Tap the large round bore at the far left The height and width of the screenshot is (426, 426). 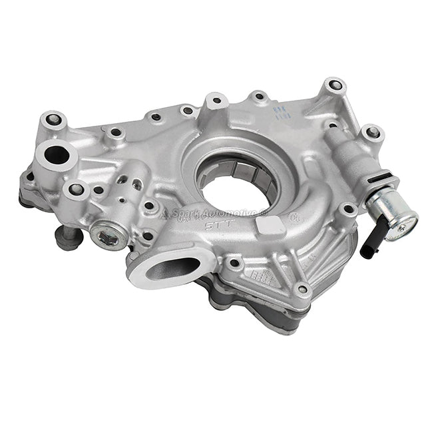[x=57, y=155]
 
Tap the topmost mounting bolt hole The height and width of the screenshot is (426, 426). [x=333, y=86]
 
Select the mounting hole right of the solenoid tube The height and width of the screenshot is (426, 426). [x=373, y=133]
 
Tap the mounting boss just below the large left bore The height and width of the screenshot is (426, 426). [x=75, y=190]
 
